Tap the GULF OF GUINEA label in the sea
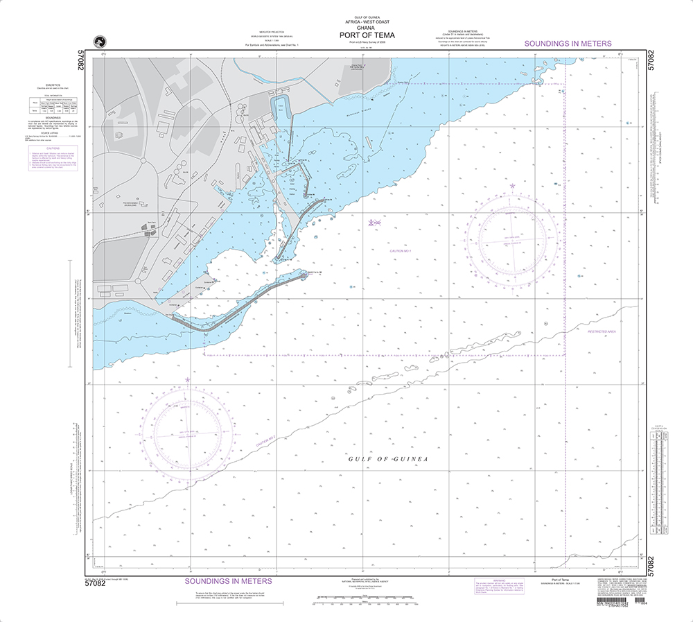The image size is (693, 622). (388, 460)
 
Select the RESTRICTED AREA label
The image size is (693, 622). (602, 331)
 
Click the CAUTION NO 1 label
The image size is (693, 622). (401, 250)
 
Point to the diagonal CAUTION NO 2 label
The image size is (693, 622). (266, 438)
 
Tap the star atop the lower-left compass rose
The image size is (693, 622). (187, 380)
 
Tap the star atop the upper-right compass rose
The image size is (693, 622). (512, 186)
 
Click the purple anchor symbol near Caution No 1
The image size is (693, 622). (372, 223)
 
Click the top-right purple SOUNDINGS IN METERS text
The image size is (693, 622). (568, 44)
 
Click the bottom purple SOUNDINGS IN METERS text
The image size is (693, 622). (228, 580)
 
